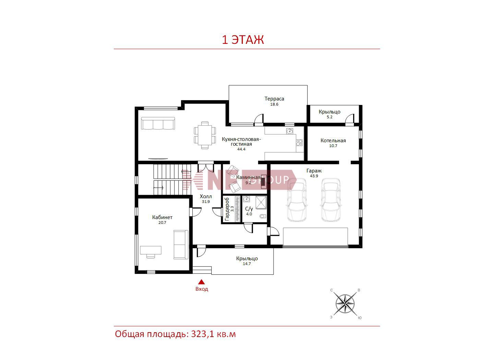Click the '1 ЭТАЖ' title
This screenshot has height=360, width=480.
tap(243, 40)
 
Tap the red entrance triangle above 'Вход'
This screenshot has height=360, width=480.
tap(201, 281)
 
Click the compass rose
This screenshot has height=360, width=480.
tap(345, 304)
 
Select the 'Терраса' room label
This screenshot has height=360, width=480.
tap(274, 99)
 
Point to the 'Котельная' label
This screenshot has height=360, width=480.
tap(333, 141)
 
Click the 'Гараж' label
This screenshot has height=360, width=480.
tap(314, 171)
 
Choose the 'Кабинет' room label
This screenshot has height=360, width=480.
tap(162, 217)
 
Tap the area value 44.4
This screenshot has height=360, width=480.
tap(241, 149)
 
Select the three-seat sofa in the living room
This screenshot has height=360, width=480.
tap(158, 123)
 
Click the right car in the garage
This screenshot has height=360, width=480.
tap(331, 200)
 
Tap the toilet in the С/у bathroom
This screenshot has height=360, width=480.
tap(263, 216)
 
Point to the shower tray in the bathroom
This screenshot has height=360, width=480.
tap(261, 202)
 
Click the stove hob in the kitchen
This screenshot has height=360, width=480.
tap(299, 143)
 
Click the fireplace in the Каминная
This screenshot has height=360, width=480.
tap(264, 181)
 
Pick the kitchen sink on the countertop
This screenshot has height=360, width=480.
tap(290, 131)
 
